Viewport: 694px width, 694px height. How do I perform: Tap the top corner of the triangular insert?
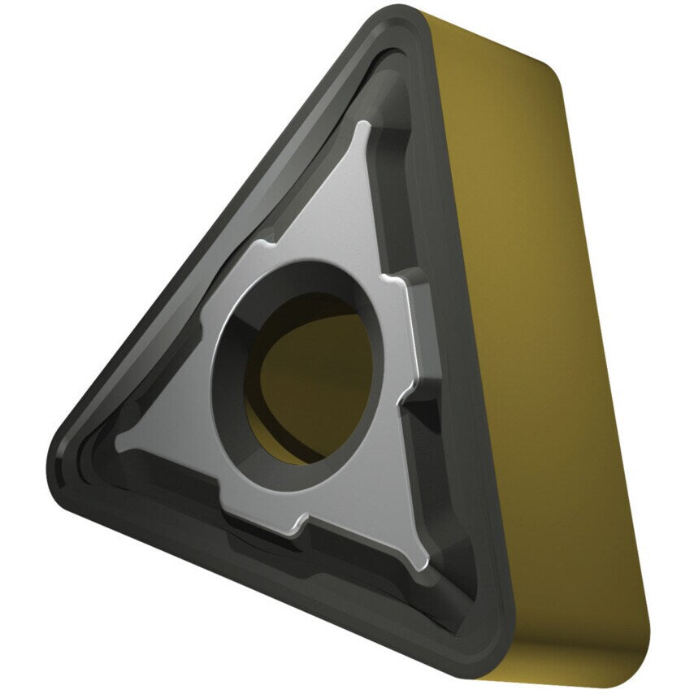[401, 18]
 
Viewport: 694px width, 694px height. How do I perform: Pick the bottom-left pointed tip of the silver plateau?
[122, 443]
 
